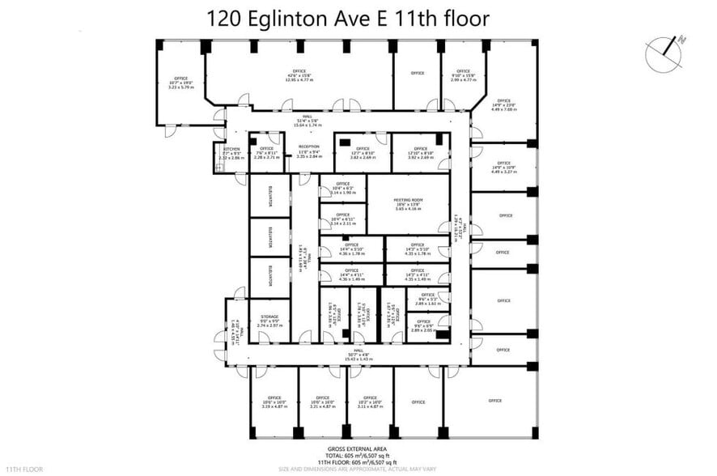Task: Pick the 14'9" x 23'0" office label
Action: [503, 104]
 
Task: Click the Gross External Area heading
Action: [358, 448]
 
